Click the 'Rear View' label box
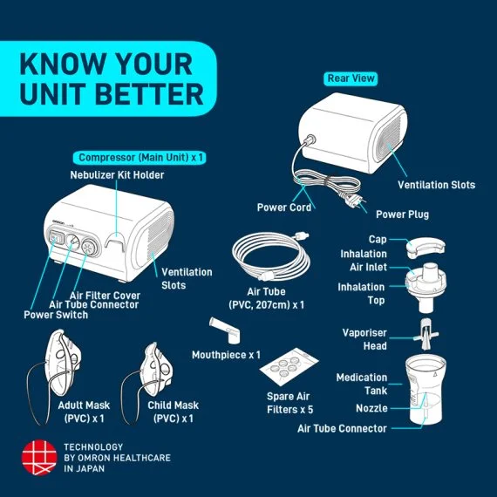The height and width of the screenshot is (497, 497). pyautogui.click(x=351, y=78)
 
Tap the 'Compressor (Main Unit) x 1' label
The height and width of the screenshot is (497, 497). pyautogui.click(x=141, y=158)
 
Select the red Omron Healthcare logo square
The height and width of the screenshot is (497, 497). pyautogui.click(x=37, y=457)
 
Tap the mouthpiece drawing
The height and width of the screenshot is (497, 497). pyautogui.click(x=222, y=332)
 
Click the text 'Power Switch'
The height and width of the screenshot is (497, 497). pyautogui.click(x=55, y=315)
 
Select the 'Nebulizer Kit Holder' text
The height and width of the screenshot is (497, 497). pyautogui.click(x=117, y=175)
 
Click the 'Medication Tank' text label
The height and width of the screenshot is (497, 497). pyautogui.click(x=362, y=384)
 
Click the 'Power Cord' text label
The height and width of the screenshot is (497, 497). pyautogui.click(x=283, y=208)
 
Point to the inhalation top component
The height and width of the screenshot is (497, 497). pyautogui.click(x=427, y=283)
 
